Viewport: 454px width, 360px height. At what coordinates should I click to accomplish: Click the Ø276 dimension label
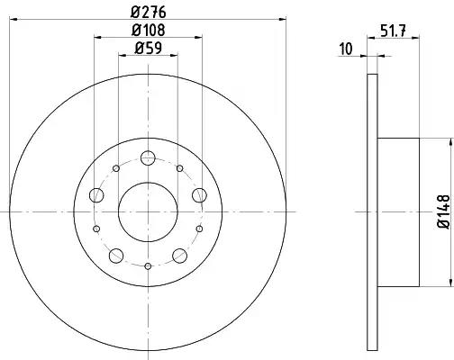(x=149, y=12)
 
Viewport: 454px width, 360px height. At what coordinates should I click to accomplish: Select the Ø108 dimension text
(x=149, y=30)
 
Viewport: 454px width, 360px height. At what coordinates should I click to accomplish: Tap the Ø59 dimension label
(x=149, y=48)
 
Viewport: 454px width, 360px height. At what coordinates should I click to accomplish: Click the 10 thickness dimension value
(x=346, y=49)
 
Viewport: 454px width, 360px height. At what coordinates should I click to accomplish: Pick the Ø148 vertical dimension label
(x=444, y=211)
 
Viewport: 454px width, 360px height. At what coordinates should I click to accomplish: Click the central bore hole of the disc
(x=148, y=212)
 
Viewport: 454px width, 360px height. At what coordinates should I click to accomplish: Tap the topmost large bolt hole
(x=148, y=158)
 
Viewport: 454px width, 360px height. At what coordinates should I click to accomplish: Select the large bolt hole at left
(x=96, y=195)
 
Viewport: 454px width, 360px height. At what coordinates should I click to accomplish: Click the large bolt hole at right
(x=199, y=195)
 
